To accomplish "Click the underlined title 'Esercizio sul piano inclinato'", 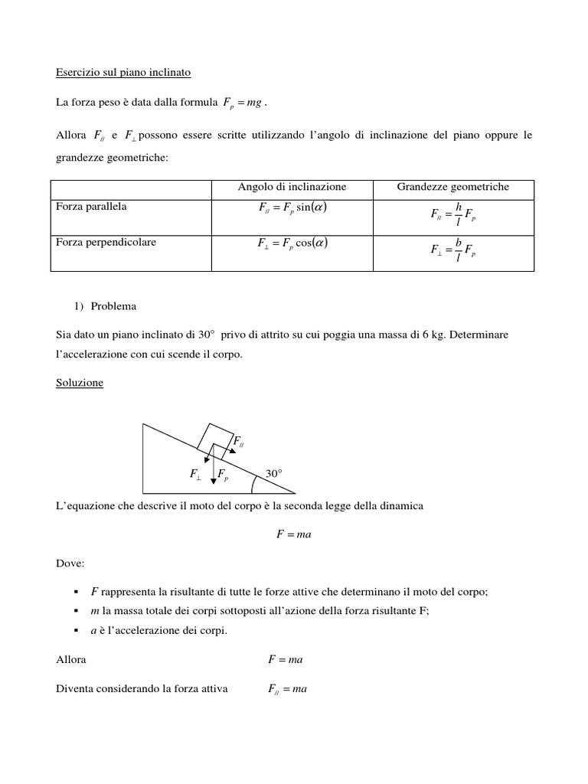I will coord(123,73).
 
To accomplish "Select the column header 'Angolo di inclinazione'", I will coord(292,187).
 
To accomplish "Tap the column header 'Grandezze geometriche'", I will coord(452,187).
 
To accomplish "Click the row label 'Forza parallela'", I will coord(92,207).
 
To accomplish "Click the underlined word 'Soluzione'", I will coord(80,383).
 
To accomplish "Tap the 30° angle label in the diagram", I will coord(274,474).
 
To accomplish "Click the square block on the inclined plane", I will coord(214,438).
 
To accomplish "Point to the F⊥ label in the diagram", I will coord(195,475).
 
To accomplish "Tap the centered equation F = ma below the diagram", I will coord(294,534).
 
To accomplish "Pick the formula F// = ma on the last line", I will coord(287,689).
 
